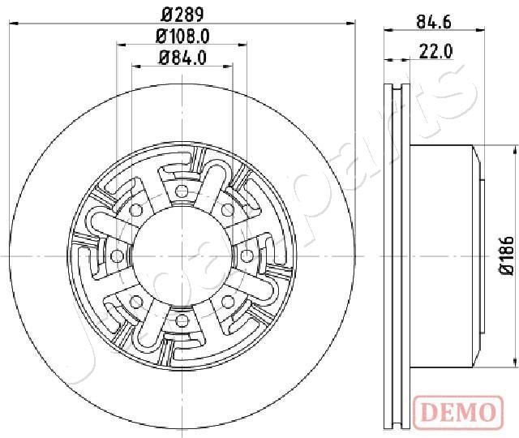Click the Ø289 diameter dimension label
pyautogui.click(x=179, y=14)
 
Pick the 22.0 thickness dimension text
pyautogui.click(x=435, y=51)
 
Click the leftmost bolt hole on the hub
pyautogui.click(x=114, y=257)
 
